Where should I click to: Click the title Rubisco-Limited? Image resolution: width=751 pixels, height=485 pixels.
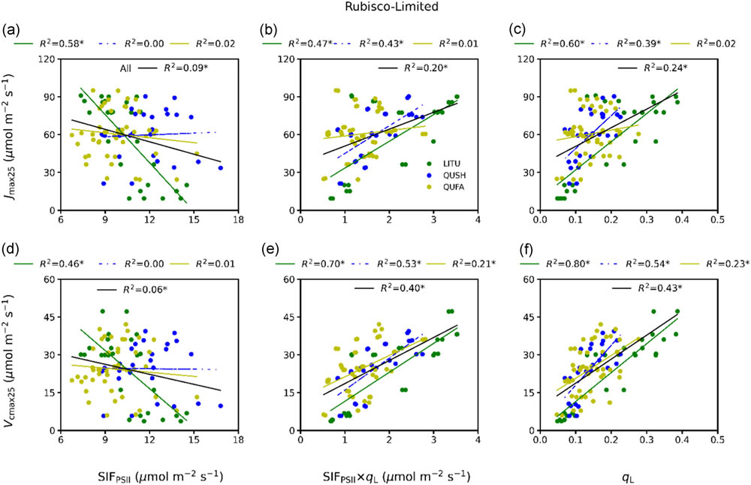(x=374, y=8)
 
